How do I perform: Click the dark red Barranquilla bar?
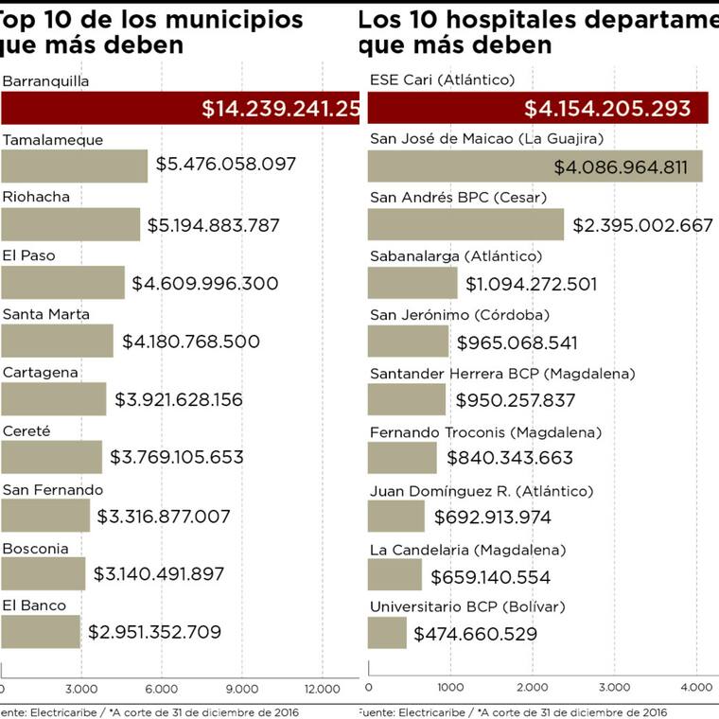pos(180,108)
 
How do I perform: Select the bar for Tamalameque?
pos(74,167)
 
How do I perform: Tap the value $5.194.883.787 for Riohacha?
pos(227,225)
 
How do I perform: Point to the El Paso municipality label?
pos(28,255)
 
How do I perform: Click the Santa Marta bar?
pos(57,341)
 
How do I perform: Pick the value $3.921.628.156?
pos(179,399)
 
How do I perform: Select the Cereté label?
pos(26,430)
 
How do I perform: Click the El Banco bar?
pos(41,632)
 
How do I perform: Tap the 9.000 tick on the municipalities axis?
pos(242,688)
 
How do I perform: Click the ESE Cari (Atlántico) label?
pos(442,80)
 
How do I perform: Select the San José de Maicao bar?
pos(535,167)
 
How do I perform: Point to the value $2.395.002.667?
pos(642,225)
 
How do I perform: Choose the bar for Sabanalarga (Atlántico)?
pos(412,283)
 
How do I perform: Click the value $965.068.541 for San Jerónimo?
pos(517,342)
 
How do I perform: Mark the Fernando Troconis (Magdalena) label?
pos(485,432)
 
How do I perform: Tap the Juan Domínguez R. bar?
pos(395,517)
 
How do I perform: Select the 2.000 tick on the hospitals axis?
pos(532,688)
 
